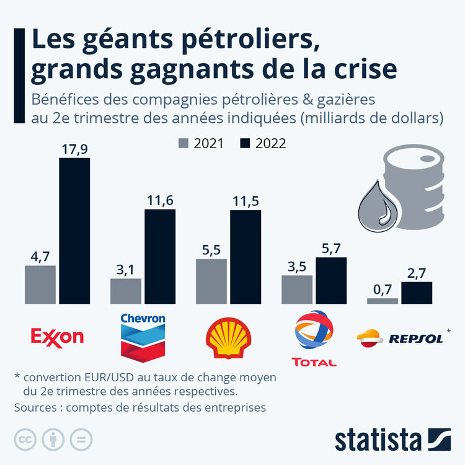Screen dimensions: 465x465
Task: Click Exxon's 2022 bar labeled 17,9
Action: [74, 231]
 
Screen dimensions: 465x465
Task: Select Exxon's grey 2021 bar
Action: [40, 285]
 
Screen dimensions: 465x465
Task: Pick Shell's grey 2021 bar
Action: [211, 281]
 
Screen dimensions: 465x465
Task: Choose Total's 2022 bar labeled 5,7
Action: [331, 281]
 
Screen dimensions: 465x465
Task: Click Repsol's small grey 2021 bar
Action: [383, 301]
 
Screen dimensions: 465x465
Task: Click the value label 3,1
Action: [126, 269]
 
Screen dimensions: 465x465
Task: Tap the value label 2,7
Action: [417, 272]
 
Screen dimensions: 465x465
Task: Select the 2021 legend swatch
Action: [184, 143]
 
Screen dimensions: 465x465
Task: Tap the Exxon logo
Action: [57, 337]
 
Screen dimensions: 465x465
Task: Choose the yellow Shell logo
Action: [228, 339]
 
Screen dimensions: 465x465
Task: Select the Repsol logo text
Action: [415, 339]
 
